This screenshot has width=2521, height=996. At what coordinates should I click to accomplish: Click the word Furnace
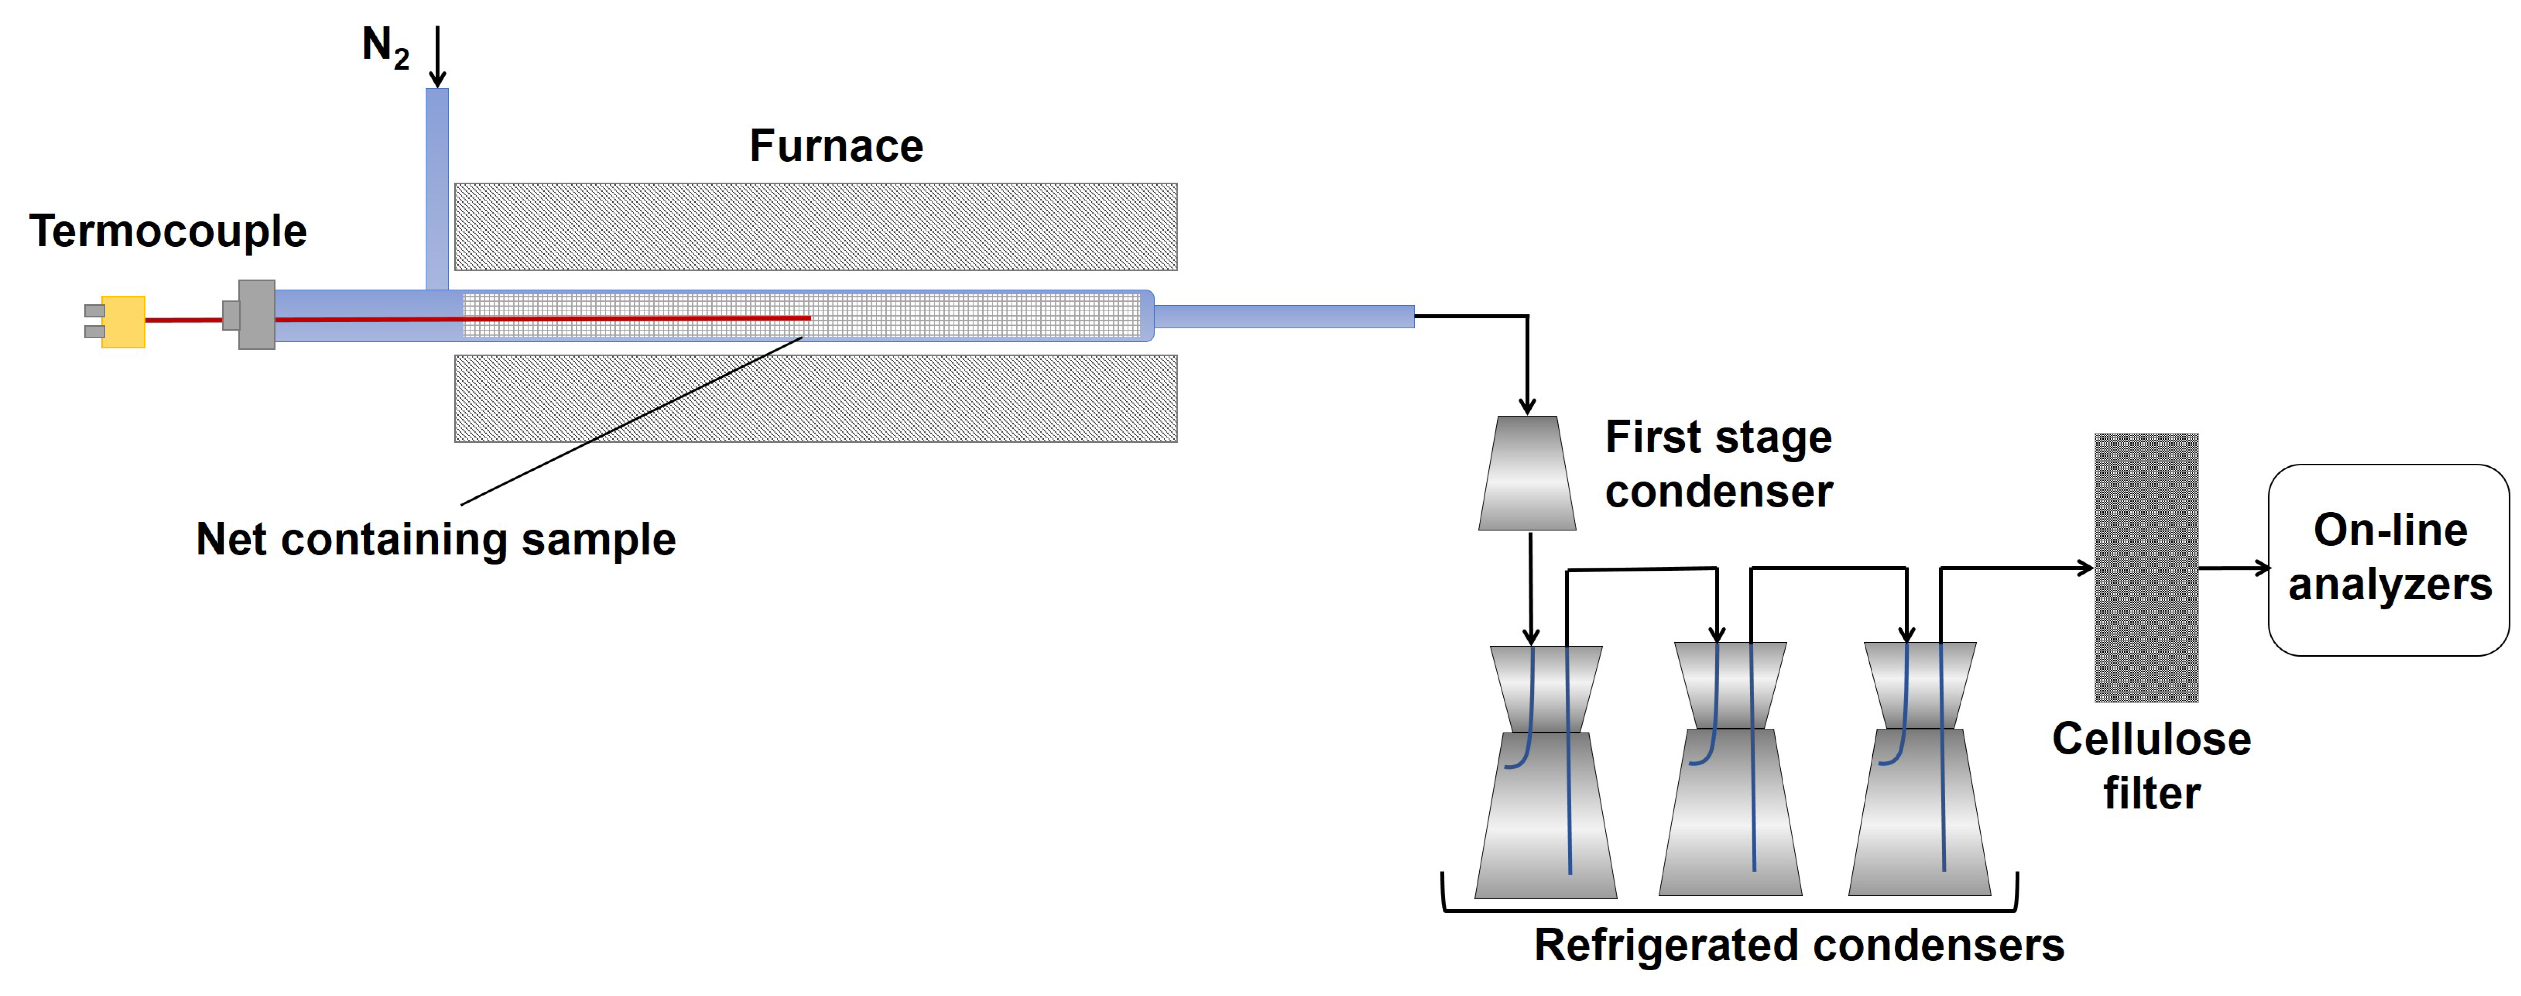pos(836,146)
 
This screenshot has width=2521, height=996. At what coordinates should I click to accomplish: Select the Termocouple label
pos(167,232)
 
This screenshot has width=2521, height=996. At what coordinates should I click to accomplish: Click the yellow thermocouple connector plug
pos(123,322)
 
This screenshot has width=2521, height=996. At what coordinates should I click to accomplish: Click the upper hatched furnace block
pos(815,227)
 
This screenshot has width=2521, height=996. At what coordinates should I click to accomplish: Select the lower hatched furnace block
pos(815,398)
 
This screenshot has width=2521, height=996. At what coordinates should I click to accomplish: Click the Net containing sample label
pos(436,539)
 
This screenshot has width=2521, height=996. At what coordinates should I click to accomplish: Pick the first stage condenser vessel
pos(1527,473)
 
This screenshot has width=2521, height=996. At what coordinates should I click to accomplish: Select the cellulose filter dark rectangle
pos(2146,567)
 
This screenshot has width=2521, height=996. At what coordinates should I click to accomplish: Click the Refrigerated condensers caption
pos(1799,945)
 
